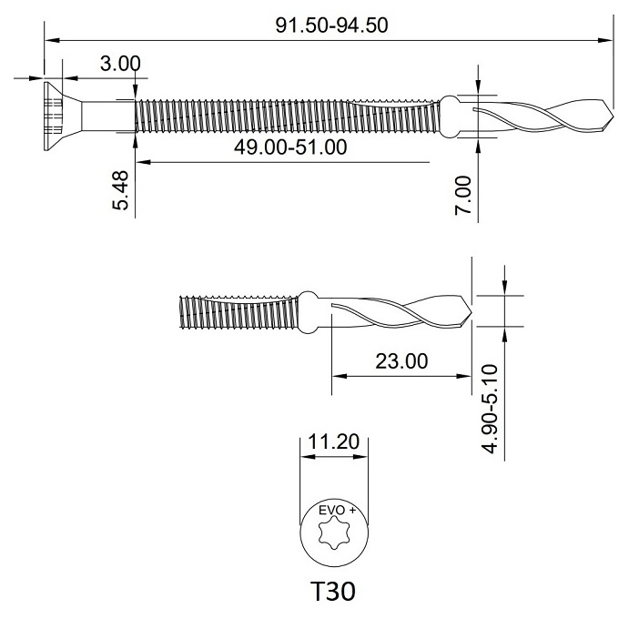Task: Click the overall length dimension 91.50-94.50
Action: [331, 25]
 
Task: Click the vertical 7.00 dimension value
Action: [463, 195]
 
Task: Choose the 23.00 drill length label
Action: [401, 360]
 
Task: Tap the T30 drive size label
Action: [333, 593]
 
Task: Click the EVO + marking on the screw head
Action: [333, 512]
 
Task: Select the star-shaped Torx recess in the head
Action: [333, 535]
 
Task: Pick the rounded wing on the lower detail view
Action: [309, 311]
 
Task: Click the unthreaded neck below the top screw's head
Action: [106, 115]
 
